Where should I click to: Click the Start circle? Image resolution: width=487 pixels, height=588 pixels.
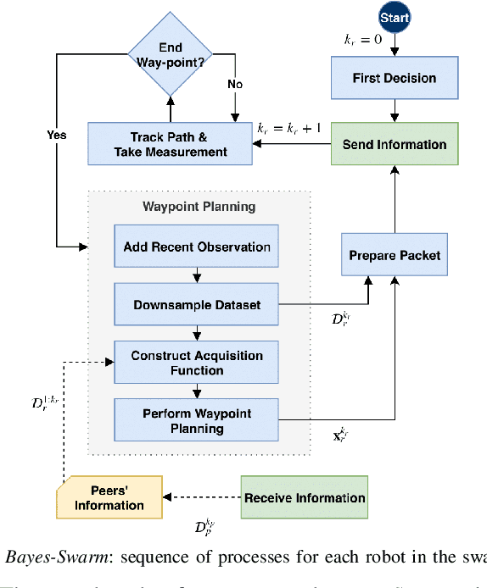click(x=395, y=18)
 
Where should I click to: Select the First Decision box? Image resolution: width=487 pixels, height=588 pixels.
click(x=394, y=78)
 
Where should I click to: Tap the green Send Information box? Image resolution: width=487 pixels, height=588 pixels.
click(x=394, y=144)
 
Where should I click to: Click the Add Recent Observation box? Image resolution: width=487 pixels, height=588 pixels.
click(x=196, y=247)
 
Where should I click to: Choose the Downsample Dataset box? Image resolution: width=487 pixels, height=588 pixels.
click(x=196, y=305)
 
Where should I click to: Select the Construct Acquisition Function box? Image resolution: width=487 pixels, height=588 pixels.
click(x=196, y=363)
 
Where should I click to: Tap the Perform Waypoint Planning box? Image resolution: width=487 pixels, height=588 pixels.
click(x=196, y=421)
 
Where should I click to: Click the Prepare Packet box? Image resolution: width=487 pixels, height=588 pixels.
click(x=394, y=255)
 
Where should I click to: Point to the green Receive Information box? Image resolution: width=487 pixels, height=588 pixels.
click(x=305, y=498)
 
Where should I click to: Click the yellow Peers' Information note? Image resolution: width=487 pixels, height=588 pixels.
click(x=109, y=498)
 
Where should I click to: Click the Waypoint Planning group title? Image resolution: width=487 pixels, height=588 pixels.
click(x=198, y=205)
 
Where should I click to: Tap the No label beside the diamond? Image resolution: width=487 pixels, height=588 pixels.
click(x=234, y=85)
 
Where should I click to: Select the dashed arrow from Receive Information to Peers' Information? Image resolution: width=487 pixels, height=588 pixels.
click(x=202, y=498)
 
